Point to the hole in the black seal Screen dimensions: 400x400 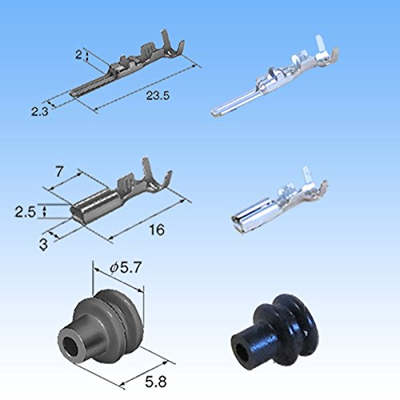(x=239, y=350)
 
